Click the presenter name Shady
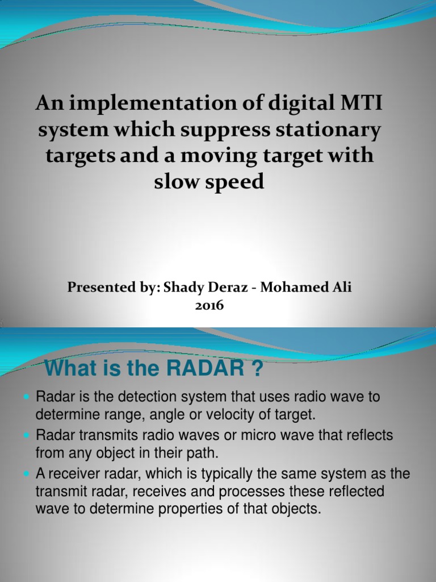coord(183,288)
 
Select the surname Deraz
coord(229,288)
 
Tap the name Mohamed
coord(296,288)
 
